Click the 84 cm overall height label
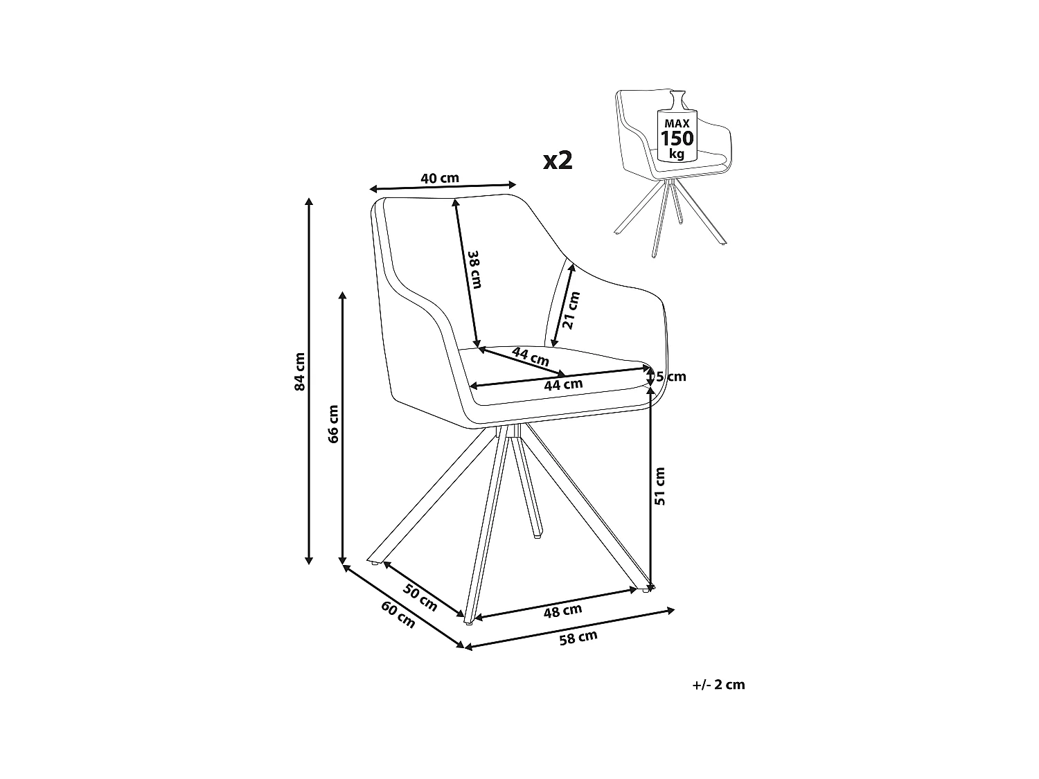pyautogui.click(x=300, y=372)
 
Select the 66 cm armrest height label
pyautogui.click(x=334, y=424)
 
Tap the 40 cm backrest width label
pyautogui.click(x=440, y=178)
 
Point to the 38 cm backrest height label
pyautogui.click(x=473, y=268)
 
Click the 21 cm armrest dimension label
pyautogui.click(x=571, y=310)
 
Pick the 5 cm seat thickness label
pyautogui.click(x=671, y=377)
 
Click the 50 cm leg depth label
pyautogui.click(x=420, y=598)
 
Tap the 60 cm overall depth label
pyautogui.click(x=398, y=614)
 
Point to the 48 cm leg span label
pyautogui.click(x=562, y=611)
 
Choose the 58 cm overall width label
pyautogui.click(x=578, y=637)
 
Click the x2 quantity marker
pyautogui.click(x=558, y=161)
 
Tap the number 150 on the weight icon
pyautogui.click(x=676, y=137)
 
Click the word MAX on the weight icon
pyautogui.click(x=676, y=123)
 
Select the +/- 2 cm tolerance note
pyautogui.click(x=718, y=685)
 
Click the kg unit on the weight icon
pyautogui.click(x=676, y=153)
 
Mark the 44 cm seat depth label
pyautogui.click(x=531, y=357)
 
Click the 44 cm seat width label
pyautogui.click(x=563, y=384)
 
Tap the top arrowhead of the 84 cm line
pyautogui.click(x=309, y=201)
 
